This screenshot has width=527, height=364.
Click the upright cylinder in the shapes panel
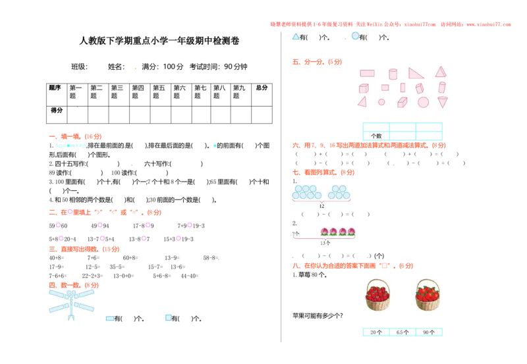393,74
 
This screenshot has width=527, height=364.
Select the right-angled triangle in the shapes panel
416,73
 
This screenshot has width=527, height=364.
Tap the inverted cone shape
443,102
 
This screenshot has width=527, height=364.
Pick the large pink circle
423,102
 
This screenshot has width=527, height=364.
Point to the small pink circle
381,102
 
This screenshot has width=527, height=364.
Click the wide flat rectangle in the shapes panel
368,73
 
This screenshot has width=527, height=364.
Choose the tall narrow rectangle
402,88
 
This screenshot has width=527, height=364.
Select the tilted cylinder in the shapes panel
442,88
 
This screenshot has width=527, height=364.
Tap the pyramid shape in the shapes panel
440,71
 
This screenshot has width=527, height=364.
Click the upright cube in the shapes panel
364,88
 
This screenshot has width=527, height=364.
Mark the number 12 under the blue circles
321,206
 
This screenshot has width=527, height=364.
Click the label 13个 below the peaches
325,243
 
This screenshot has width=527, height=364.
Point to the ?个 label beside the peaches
295,234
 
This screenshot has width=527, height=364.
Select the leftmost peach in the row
324,232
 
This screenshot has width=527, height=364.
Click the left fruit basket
377,294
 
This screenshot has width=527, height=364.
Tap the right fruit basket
428,294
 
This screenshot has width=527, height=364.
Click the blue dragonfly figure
71,304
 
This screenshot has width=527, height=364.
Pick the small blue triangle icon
295,36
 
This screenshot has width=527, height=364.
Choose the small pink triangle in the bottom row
362,101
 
